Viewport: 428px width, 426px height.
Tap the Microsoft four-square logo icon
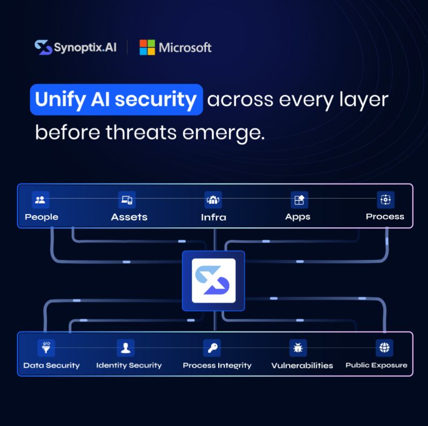pos(147,47)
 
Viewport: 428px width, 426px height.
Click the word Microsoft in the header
pos(185,47)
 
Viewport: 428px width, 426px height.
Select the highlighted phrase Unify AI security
pos(116,100)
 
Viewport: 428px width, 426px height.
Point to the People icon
pos(40,200)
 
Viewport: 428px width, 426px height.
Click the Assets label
pos(129,217)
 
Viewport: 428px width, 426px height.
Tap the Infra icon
pos(213,200)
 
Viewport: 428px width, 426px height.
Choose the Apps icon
pos(299,200)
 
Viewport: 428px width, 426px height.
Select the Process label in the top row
pos(385,217)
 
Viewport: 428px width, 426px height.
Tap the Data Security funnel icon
pos(46,347)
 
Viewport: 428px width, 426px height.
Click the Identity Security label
pos(129,365)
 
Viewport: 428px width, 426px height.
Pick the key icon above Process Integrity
pos(212,347)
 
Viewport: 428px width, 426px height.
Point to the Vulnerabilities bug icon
pos(298,347)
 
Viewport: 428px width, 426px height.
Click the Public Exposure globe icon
pos(384,347)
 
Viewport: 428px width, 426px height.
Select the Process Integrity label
pos(217,365)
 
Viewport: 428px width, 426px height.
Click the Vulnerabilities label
pos(302,365)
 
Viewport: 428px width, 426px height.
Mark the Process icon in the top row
pos(385,200)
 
